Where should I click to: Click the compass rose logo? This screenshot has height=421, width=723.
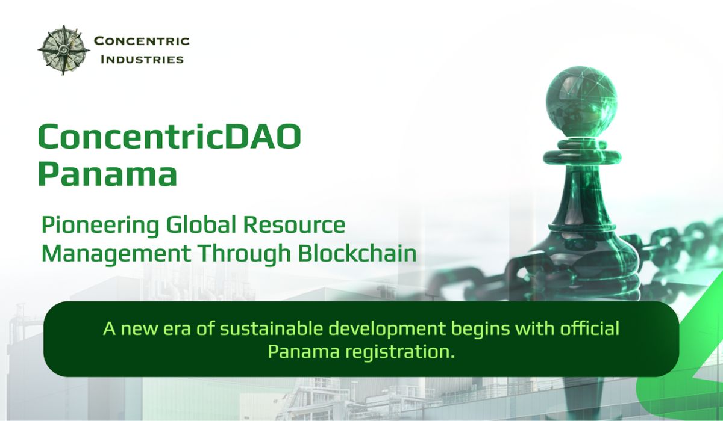pyautogui.click(x=64, y=50)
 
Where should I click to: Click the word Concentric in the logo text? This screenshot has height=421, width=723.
pyautogui.click(x=142, y=41)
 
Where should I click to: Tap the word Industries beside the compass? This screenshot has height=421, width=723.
pyautogui.click(x=142, y=60)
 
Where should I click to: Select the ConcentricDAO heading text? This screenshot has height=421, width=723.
pyautogui.click(x=170, y=137)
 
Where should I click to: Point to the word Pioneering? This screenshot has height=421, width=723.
pyautogui.click(x=101, y=226)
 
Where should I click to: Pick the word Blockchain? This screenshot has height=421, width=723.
pyautogui.click(x=357, y=253)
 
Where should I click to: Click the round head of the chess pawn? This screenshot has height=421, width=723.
pyautogui.click(x=581, y=102)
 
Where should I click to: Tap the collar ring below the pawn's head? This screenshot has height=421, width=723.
pyautogui.click(x=582, y=157)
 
